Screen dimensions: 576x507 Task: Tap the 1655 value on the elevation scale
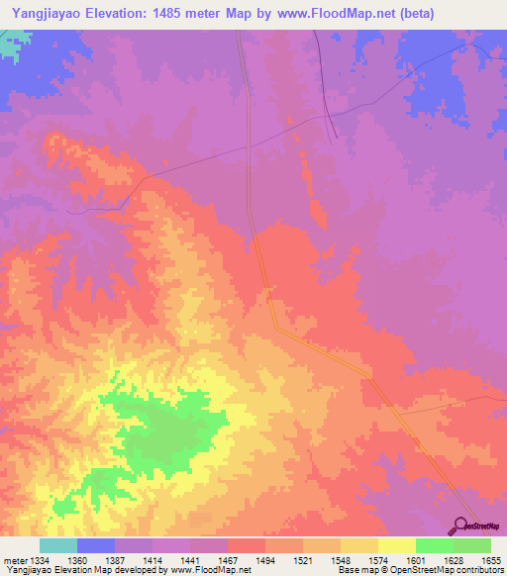(x=492, y=562)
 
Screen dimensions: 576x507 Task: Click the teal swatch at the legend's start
(x=57, y=545)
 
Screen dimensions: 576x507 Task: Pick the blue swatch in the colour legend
(x=95, y=545)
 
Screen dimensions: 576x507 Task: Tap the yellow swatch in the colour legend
(x=396, y=545)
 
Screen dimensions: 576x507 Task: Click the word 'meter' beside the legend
(x=17, y=562)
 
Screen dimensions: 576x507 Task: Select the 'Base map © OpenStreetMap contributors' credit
(x=419, y=571)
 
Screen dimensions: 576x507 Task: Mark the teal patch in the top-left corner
(x=10, y=46)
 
